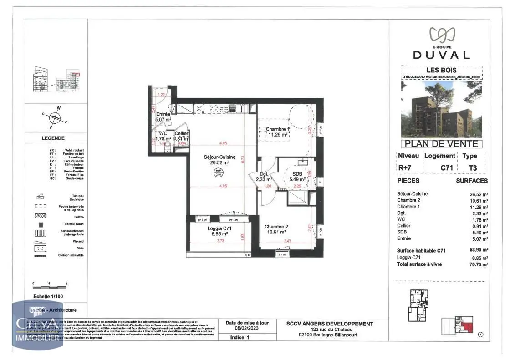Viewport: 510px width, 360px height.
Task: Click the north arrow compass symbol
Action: click(54, 118)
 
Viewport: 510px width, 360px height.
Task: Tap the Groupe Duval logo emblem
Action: click(441, 34)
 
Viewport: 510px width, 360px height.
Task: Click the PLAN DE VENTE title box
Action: click(441, 144)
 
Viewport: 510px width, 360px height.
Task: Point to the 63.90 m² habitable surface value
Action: click(479, 250)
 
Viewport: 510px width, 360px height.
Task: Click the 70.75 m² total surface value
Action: click(479, 264)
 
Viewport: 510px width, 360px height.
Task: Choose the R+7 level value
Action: click(404, 168)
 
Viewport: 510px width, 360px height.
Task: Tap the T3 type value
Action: click(473, 168)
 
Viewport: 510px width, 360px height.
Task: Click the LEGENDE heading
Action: click(53, 138)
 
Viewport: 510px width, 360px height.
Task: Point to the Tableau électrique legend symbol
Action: click(41, 197)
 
